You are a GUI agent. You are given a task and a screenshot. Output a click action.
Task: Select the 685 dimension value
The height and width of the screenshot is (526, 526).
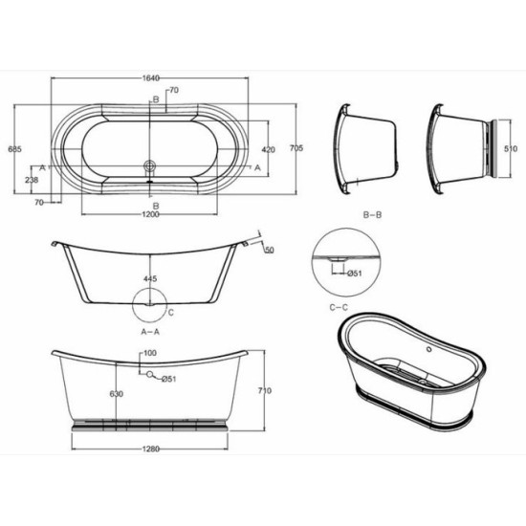[x=12, y=148]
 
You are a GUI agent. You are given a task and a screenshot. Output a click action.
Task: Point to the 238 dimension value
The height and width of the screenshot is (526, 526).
[x=33, y=179]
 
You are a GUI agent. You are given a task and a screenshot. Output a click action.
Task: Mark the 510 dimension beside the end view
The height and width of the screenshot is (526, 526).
[x=512, y=149]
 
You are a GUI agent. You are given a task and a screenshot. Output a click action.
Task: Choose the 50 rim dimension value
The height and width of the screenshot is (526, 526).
[x=269, y=250]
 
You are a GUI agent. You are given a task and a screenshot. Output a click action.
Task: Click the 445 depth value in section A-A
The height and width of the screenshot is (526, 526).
[x=149, y=279]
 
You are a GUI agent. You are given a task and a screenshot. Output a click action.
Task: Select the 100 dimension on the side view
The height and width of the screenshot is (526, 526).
[x=149, y=354]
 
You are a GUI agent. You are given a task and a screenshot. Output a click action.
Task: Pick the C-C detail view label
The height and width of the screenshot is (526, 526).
[x=340, y=307]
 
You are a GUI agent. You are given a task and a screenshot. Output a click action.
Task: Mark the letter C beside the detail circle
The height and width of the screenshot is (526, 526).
[x=170, y=312]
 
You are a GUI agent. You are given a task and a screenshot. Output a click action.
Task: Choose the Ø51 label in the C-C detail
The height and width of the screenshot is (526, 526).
[x=352, y=274]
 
